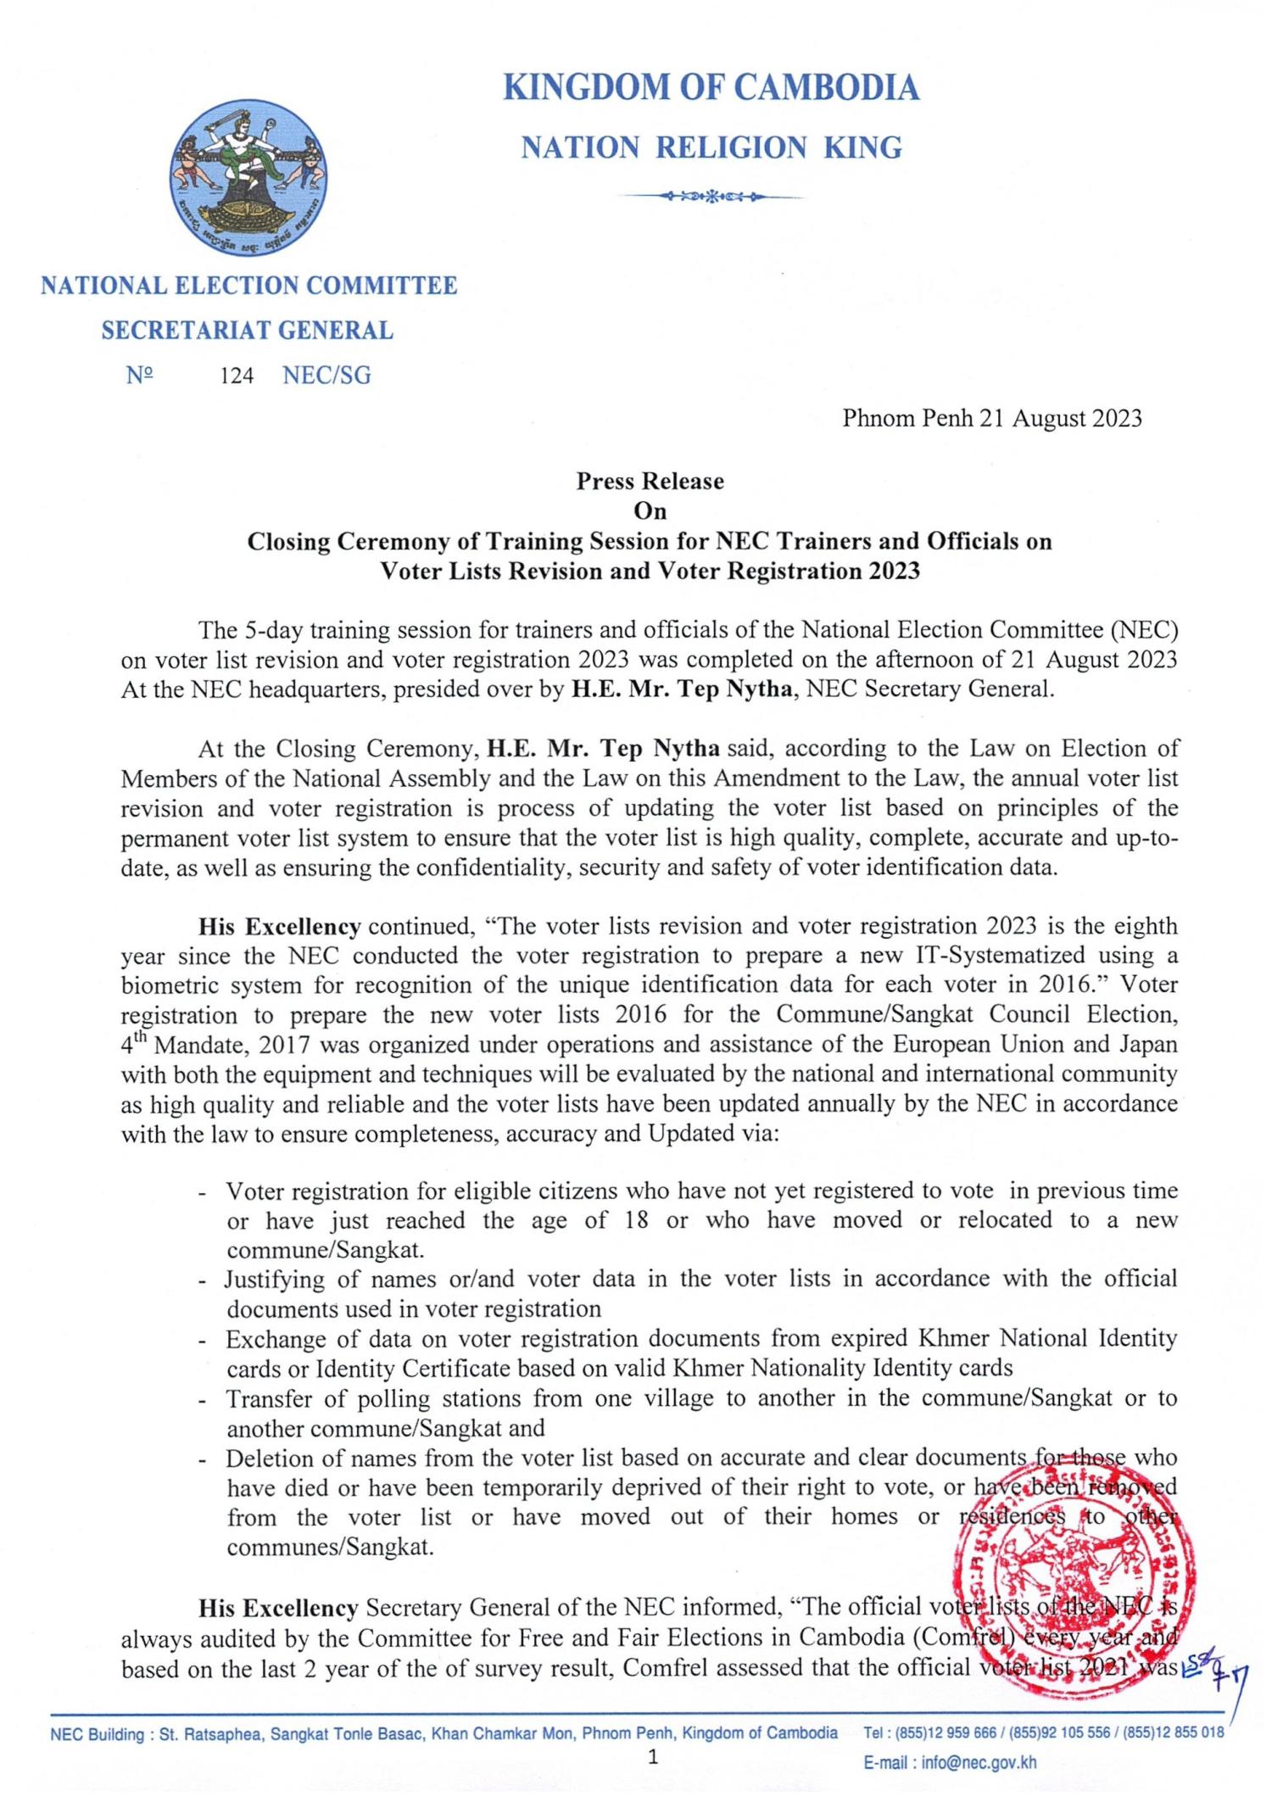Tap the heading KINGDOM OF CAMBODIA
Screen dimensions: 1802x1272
711,88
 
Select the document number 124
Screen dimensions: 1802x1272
237,376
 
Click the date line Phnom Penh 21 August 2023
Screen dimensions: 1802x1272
991,418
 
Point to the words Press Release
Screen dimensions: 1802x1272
650,482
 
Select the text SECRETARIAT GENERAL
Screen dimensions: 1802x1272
248,331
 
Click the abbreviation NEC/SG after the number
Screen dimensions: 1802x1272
326,376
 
